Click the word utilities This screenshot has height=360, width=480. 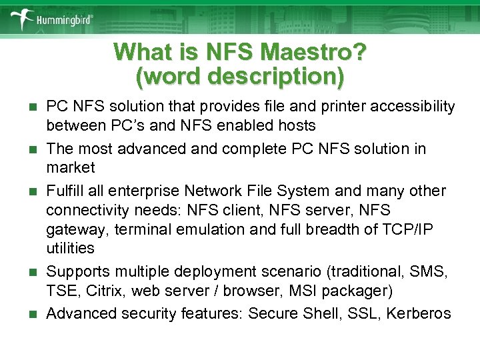pos(70,248)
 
